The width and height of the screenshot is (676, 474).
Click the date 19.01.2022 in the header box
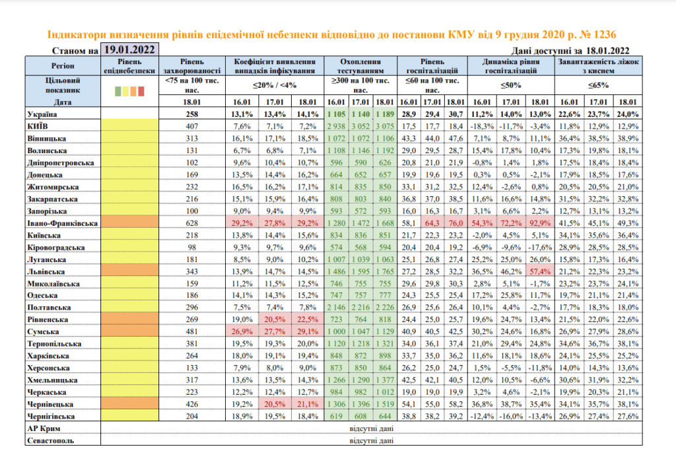[x=129, y=50]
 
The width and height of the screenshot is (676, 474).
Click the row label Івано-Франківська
[x=63, y=223]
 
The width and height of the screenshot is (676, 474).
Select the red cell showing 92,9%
[x=540, y=223]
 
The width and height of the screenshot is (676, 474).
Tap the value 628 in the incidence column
[x=192, y=223]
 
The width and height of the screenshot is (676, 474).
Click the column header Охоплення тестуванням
[x=360, y=66]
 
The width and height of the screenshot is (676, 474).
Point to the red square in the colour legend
[x=141, y=91]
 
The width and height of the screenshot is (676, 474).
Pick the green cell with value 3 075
[x=385, y=126]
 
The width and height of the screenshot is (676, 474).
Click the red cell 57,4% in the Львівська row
[x=540, y=272]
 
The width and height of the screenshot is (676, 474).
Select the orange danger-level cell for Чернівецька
[x=130, y=404]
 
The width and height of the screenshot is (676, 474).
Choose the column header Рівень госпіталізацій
[x=432, y=66]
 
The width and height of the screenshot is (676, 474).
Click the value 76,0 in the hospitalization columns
[x=456, y=223]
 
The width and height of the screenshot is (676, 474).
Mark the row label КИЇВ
[x=38, y=126]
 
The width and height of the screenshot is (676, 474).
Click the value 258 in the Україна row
[x=192, y=114]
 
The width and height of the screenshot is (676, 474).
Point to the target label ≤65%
[x=598, y=85]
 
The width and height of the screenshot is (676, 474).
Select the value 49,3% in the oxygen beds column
[x=628, y=223]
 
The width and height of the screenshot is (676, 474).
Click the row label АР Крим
[x=44, y=428]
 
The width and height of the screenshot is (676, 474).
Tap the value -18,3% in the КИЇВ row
[x=482, y=126]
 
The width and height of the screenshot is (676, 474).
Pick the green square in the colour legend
[x=118, y=91]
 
